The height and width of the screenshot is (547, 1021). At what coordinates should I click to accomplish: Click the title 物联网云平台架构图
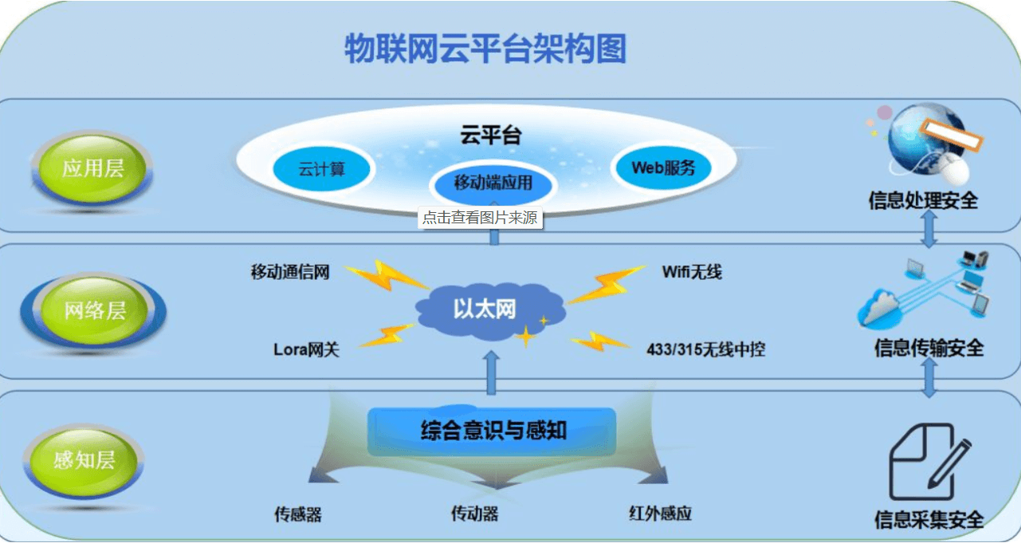pyautogui.click(x=485, y=49)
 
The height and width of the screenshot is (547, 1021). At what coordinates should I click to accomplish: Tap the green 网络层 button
pyautogui.click(x=94, y=311)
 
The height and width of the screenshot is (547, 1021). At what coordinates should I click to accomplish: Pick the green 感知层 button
pyautogui.click(x=84, y=460)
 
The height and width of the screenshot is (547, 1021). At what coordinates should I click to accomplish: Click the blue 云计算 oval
pyautogui.click(x=322, y=170)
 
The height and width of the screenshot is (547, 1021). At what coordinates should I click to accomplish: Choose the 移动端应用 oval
pyautogui.click(x=493, y=183)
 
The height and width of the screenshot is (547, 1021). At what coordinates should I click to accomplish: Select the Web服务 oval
pyautogui.click(x=663, y=167)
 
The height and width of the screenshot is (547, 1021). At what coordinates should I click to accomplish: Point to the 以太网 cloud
pyautogui.click(x=490, y=311)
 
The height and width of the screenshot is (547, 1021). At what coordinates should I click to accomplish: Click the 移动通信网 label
pyautogui.click(x=290, y=272)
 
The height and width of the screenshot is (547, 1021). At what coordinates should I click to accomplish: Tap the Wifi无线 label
pyautogui.click(x=692, y=272)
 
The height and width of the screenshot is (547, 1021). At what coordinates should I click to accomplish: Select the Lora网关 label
pyautogui.click(x=306, y=349)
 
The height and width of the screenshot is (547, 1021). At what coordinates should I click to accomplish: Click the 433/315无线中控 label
pyautogui.click(x=705, y=349)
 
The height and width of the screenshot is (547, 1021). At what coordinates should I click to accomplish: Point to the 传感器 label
pyautogui.click(x=298, y=514)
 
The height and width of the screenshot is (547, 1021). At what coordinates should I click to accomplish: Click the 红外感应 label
pyautogui.click(x=661, y=514)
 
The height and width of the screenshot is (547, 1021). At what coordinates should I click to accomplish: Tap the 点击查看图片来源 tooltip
pyautogui.click(x=481, y=218)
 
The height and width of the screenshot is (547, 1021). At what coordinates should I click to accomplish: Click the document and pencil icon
pyautogui.click(x=930, y=462)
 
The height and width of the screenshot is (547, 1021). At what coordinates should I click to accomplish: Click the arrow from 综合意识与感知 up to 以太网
pyautogui.click(x=491, y=373)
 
